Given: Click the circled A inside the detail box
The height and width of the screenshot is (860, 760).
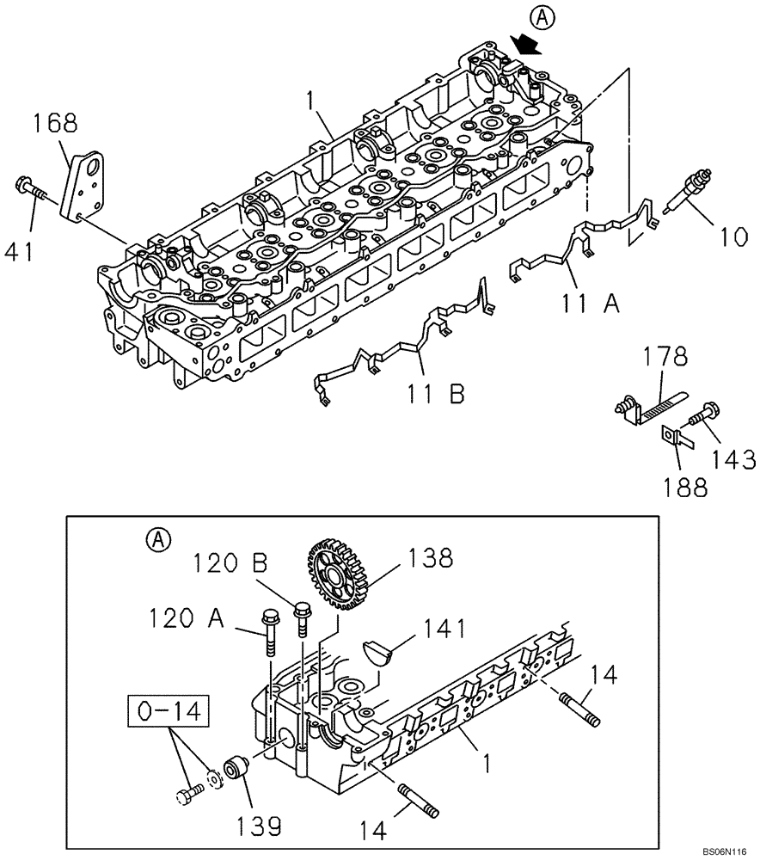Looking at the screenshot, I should coord(157,539).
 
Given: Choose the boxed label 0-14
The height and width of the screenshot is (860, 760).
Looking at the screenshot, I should coord(169,712).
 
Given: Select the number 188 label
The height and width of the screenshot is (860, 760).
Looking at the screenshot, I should coord(683,487).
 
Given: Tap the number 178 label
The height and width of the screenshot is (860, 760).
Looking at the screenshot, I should coord(668,356).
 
